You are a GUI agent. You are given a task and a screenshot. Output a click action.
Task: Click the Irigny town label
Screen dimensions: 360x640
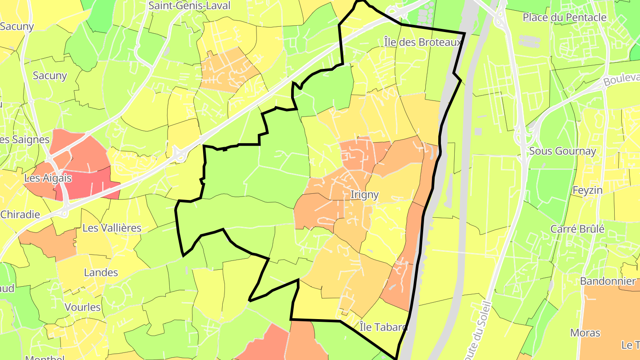(364, 195)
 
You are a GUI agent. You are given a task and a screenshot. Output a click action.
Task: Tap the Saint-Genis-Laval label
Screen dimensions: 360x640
(189, 6)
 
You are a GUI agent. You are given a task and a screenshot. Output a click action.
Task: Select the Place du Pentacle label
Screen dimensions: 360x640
(564, 17)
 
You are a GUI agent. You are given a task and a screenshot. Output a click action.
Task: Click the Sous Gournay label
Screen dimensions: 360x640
(562, 151)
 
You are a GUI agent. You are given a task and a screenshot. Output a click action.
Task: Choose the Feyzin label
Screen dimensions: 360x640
(588, 190)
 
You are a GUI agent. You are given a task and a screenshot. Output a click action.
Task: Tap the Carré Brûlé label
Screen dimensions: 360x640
(577, 229)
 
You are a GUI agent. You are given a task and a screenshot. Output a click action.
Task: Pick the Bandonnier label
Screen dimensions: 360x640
(608, 281)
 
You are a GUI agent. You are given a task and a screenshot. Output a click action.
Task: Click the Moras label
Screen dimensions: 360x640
(585, 333)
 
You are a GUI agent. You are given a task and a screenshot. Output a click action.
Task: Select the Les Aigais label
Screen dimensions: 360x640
(48, 178)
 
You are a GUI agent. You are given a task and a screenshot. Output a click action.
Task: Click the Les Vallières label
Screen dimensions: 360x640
(112, 228)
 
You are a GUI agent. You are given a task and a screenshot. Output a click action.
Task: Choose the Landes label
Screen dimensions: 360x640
(101, 272)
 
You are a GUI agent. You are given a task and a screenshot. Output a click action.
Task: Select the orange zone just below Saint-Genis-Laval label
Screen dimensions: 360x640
(227, 71)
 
